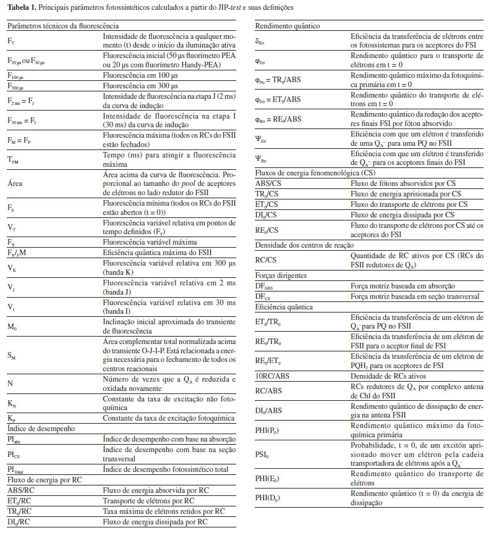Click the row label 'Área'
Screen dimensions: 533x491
(15, 183)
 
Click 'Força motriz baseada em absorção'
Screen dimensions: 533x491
(403, 286)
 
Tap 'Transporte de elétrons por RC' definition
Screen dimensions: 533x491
(148, 500)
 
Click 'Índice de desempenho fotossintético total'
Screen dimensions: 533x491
(166, 469)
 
